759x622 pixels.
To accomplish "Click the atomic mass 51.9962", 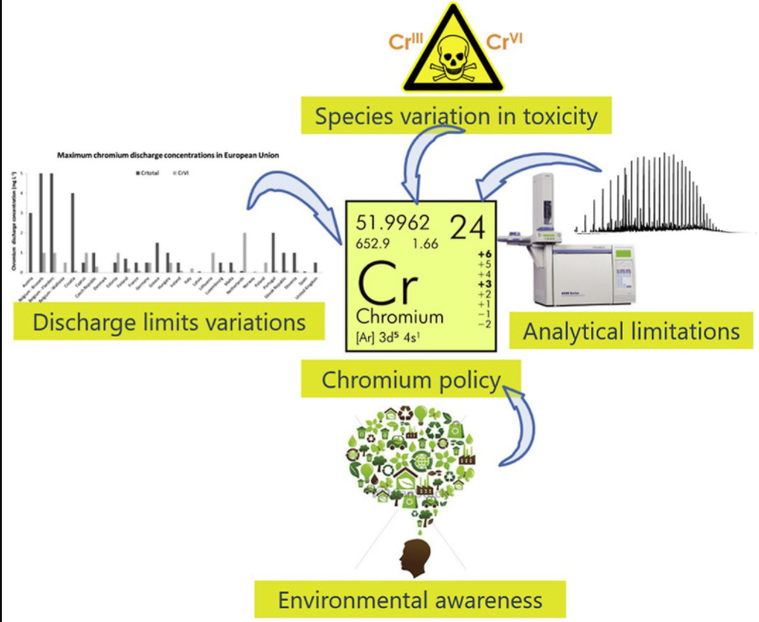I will pos(393,224).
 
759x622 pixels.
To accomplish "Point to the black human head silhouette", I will pos(413,556).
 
